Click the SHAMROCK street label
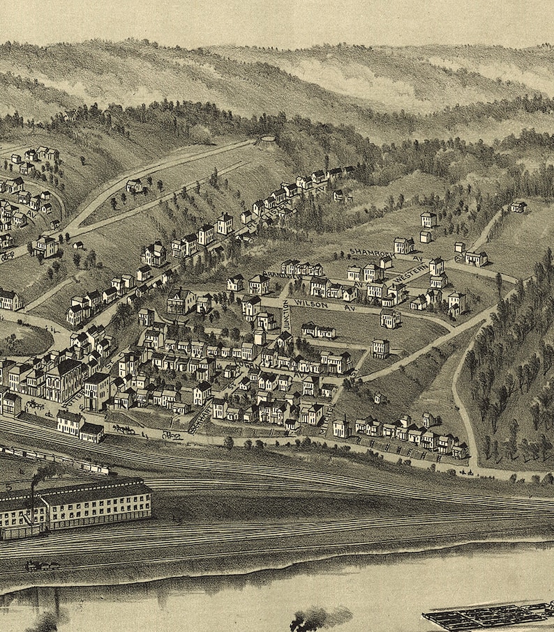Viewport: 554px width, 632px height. pos(368,252)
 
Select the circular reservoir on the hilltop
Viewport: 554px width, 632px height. pos(267,142)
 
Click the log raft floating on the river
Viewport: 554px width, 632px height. pos(488,615)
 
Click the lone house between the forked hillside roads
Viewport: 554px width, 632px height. pos(135,185)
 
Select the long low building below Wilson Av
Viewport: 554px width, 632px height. pos(318,330)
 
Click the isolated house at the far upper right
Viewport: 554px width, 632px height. pos(518,206)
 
